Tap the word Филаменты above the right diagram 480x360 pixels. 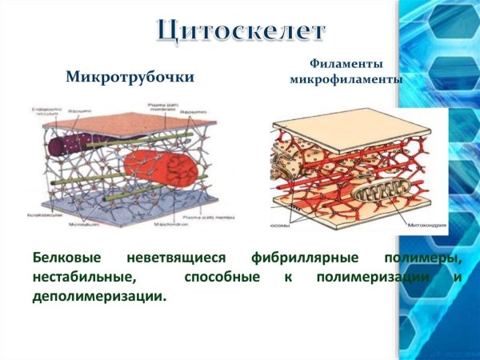tap(346, 63)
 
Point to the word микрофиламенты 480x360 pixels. tap(346, 80)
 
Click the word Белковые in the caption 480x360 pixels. tap(69, 259)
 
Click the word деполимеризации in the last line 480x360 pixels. tap(100, 296)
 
